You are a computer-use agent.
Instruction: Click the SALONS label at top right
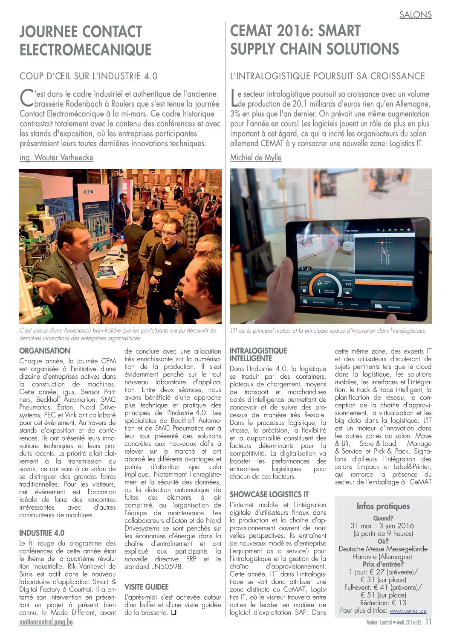click(415, 14)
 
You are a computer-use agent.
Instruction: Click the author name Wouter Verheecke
click(56, 157)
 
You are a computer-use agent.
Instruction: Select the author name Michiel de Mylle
click(256, 157)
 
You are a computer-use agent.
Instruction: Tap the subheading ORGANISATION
click(45, 351)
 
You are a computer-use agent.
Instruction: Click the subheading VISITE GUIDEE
click(146, 587)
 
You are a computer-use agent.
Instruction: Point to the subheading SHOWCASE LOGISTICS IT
click(269, 494)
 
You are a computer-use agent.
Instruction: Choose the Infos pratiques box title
click(383, 506)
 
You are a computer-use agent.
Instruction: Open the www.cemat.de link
click(408, 611)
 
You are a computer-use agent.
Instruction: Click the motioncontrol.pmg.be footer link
click(46, 622)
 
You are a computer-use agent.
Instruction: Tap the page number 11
click(428, 622)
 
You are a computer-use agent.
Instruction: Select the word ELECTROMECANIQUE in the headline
click(85, 50)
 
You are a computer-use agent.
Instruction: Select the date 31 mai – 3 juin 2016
click(382, 526)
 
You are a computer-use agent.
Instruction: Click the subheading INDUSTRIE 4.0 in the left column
click(42, 533)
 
